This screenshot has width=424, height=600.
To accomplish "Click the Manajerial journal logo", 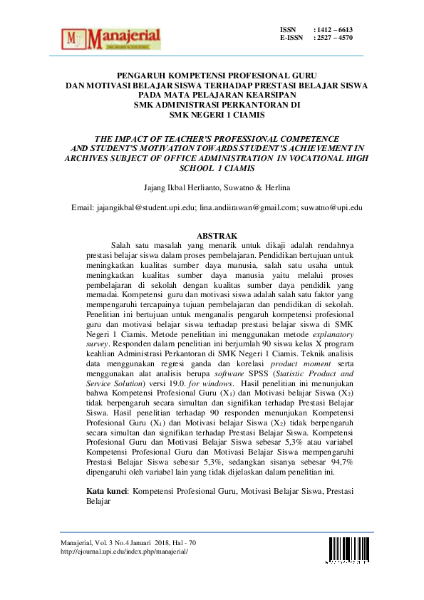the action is [x=112, y=38].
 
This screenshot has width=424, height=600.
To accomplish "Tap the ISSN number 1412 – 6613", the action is [x=337, y=29].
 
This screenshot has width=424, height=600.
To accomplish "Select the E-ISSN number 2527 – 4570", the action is [x=337, y=38].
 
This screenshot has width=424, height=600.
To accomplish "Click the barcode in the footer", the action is [x=346, y=550].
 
